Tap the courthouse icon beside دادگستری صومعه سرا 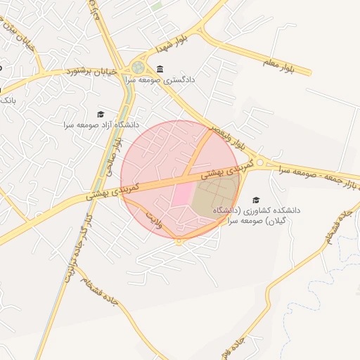160,68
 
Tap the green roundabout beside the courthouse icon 137,68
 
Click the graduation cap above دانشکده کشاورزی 256,200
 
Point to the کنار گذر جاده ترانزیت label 70,253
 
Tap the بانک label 8,100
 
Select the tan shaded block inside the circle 214,198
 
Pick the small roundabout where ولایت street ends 179,241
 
